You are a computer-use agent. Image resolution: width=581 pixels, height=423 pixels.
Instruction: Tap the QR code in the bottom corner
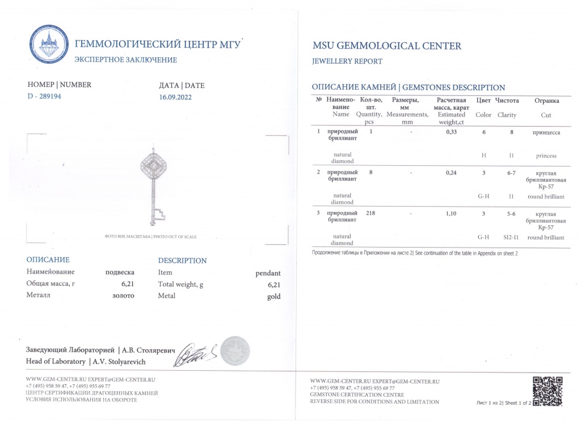548,391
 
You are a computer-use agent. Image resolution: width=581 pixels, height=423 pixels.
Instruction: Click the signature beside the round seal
196,356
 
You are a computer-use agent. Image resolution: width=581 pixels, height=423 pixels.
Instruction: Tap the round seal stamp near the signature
235,351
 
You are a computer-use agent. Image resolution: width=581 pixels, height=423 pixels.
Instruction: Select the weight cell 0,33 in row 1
451,132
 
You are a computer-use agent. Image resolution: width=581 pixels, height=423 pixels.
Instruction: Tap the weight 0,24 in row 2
451,172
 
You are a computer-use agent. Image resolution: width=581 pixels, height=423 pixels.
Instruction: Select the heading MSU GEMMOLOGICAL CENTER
387,46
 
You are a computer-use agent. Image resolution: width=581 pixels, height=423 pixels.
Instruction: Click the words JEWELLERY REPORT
347,61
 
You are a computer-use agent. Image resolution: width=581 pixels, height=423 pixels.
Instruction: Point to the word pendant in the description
268,272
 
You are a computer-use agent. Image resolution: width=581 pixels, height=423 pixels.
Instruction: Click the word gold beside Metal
273,296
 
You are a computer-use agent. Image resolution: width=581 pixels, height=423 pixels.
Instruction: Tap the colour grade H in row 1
483,156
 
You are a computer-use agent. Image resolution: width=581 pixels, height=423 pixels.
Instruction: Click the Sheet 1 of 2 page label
504,403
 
